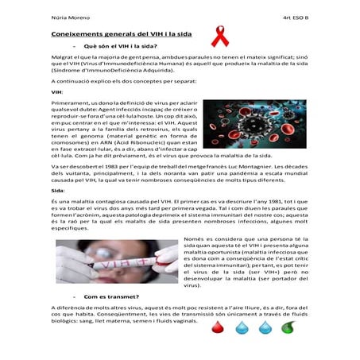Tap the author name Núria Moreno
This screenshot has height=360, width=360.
[68, 15]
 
